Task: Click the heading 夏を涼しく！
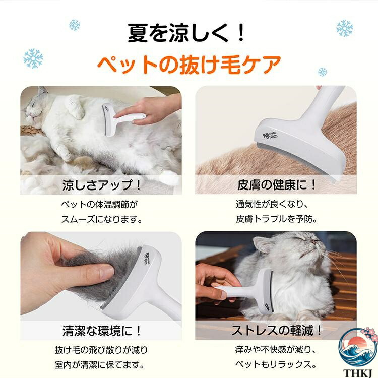click(x=186, y=33)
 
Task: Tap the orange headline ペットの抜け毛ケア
click(x=189, y=64)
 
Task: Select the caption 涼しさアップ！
click(x=101, y=185)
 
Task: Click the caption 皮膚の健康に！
click(x=276, y=185)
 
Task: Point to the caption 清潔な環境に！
click(x=101, y=331)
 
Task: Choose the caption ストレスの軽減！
click(x=276, y=330)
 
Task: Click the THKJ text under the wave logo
click(x=358, y=373)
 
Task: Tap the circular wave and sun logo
click(x=358, y=348)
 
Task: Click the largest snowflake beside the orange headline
click(x=33, y=58)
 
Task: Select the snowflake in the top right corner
click(x=345, y=28)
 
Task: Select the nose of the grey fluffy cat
click(x=313, y=240)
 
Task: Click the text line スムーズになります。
click(x=102, y=219)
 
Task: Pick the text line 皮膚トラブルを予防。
click(x=276, y=219)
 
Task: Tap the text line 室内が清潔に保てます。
click(x=100, y=365)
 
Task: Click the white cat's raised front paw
click(x=76, y=107)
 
